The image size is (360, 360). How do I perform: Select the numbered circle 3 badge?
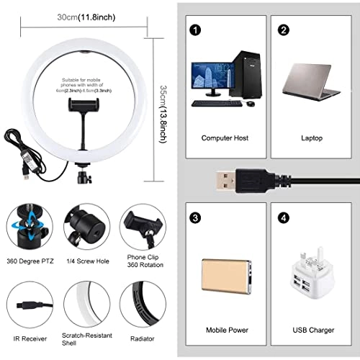click(194, 217)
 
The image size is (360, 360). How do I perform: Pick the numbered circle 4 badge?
click(284, 217)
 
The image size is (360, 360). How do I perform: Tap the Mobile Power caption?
click(227, 330)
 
